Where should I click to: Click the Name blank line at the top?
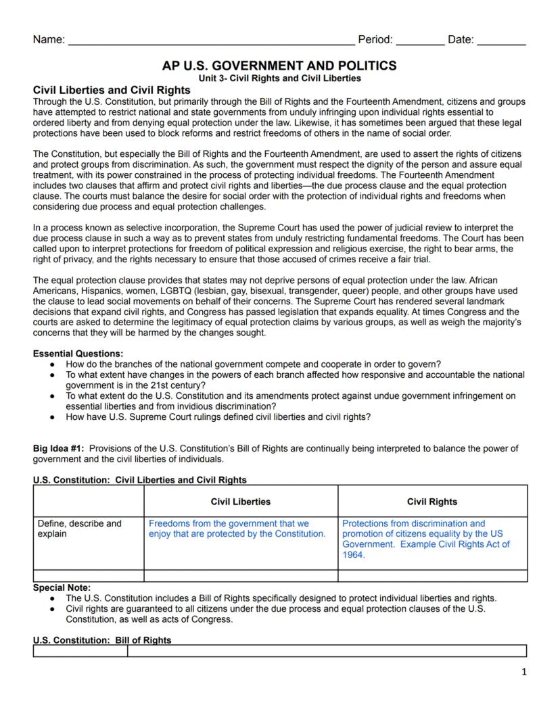(211, 41)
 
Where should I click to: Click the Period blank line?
(420, 41)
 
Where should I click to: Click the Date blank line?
(501, 41)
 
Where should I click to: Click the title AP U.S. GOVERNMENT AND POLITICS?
(279, 66)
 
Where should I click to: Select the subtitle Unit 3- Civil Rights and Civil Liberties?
(279, 78)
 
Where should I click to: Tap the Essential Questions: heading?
(78, 354)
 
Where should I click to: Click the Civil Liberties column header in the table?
(241, 502)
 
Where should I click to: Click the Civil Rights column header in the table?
(432, 502)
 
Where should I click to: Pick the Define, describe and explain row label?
(80, 529)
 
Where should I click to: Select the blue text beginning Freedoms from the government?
(237, 529)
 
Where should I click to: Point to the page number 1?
(523, 671)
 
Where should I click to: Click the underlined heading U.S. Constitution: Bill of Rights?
(102, 640)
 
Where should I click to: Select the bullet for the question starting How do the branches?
(52, 364)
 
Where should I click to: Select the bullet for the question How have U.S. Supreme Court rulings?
(52, 417)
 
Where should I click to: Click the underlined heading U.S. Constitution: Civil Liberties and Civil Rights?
(140, 480)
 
